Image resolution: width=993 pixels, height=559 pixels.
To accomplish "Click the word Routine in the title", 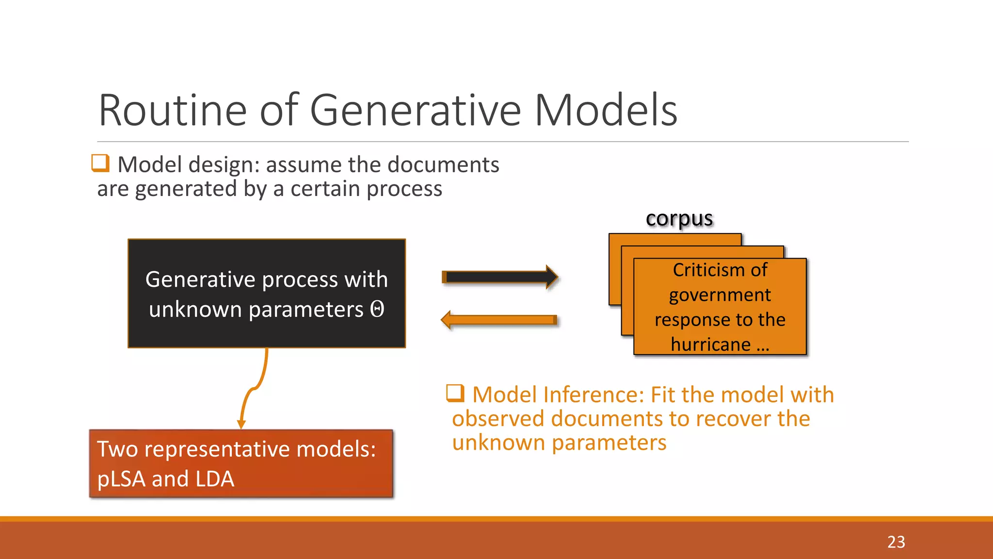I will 173,111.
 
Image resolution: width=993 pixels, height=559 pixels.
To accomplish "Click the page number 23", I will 896,542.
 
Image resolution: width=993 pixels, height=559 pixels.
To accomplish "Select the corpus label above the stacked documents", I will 679,218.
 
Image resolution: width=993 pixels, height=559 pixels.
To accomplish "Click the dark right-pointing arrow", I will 500,277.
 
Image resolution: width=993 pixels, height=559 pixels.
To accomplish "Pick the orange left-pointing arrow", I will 500,320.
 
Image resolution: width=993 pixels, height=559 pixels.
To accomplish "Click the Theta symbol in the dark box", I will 377,309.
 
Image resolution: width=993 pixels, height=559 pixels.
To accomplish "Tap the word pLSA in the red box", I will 121,479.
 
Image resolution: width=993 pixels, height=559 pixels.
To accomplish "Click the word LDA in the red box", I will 214,479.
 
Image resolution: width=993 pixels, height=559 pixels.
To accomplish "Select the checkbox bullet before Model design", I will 100,163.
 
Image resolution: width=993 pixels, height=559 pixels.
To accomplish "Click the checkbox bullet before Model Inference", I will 455,393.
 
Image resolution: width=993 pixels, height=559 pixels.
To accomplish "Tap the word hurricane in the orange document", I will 710,345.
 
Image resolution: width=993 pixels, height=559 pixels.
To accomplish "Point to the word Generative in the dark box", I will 200,279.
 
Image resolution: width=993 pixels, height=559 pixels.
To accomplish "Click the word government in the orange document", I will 720,295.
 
